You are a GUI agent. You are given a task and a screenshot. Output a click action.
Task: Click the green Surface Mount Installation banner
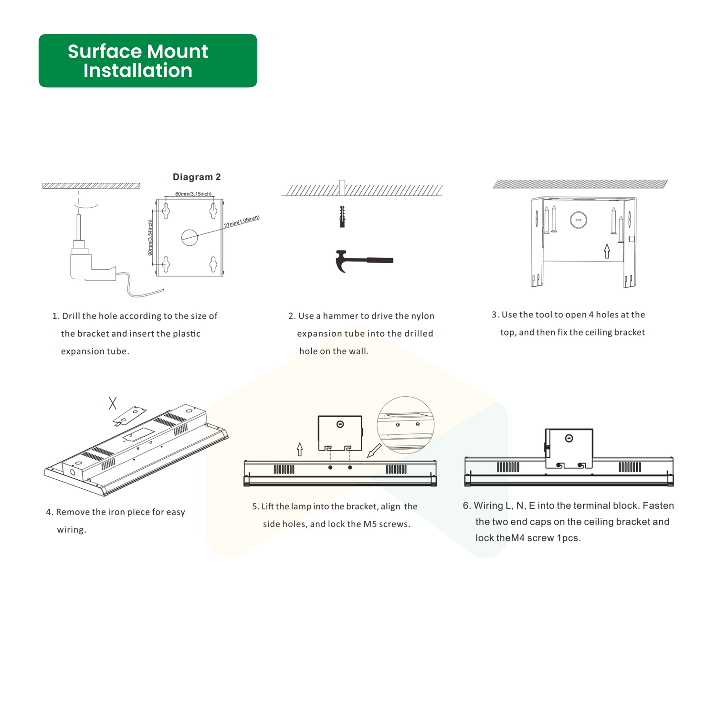(147, 61)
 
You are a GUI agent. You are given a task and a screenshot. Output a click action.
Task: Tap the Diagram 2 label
(197, 177)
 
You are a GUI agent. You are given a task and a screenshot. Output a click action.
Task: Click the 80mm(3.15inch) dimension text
(193, 194)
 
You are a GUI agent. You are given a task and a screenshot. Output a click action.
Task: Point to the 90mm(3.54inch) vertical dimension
(150, 237)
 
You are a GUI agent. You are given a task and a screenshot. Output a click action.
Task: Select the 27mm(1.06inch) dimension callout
(242, 221)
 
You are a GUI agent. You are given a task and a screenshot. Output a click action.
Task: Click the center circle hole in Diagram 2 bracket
(190, 237)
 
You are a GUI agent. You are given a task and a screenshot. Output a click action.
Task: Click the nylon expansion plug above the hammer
(342, 217)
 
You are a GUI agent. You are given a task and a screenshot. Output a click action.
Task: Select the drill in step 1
(91, 258)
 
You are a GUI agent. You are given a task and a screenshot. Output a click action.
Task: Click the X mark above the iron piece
(113, 403)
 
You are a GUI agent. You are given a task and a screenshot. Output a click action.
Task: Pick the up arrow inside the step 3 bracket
(607, 251)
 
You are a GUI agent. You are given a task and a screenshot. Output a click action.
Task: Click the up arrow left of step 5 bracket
(300, 449)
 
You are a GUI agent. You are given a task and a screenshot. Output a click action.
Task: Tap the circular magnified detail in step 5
(406, 425)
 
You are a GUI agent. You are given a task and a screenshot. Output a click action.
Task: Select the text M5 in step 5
(370, 524)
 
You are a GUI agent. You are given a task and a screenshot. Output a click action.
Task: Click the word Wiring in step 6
(488, 506)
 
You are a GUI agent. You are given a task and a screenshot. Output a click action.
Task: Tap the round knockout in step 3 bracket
(578, 220)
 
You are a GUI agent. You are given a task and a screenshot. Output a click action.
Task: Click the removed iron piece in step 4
(130, 415)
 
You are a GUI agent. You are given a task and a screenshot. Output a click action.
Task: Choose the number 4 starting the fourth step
(49, 512)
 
